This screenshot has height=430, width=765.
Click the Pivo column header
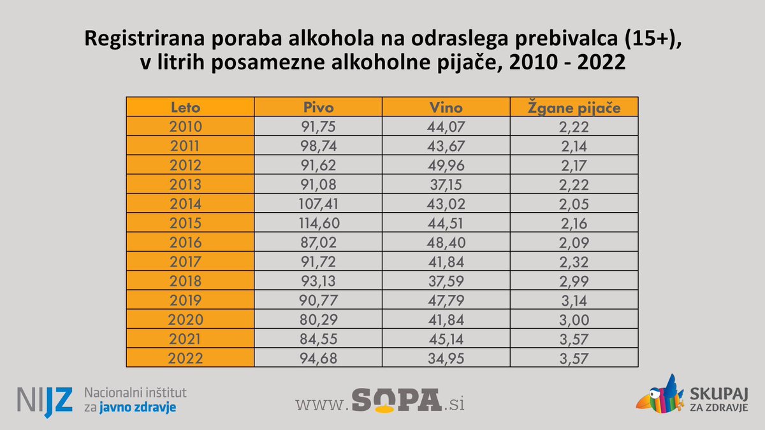(317, 107)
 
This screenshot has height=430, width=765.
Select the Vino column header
(446, 107)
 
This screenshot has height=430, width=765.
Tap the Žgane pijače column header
(574, 107)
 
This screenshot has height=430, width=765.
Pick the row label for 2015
(186, 223)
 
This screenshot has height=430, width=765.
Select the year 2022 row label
(186, 358)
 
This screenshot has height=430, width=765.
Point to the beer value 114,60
(317, 223)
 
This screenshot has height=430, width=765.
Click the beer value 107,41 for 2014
(317, 204)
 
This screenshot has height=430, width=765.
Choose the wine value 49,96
(446, 165)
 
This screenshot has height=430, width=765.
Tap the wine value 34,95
(446, 358)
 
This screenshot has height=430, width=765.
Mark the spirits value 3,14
(574, 300)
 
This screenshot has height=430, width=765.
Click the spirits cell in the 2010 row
(574, 126)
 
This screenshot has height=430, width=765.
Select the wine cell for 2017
(446, 262)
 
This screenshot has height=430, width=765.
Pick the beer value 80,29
(317, 320)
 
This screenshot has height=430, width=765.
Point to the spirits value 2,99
(574, 281)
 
